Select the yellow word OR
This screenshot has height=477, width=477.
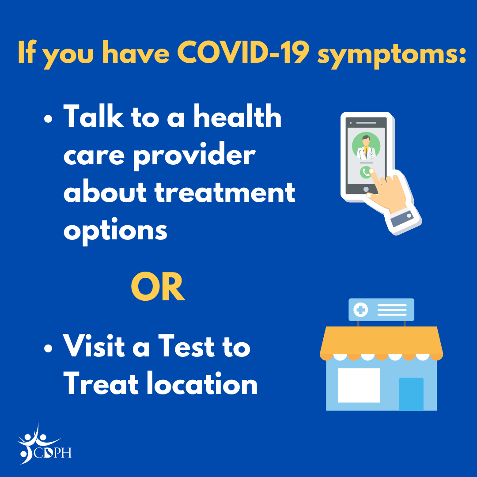(158, 288)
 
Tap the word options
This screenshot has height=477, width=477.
(115, 230)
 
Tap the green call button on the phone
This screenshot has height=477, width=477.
(366, 172)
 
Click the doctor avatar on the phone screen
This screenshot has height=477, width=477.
(366, 146)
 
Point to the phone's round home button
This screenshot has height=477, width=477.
(366, 189)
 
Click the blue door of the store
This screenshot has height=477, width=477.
(411, 394)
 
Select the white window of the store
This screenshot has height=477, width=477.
(359, 385)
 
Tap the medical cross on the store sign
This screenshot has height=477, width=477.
(361, 310)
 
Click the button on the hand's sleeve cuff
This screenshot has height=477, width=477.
(409, 216)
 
